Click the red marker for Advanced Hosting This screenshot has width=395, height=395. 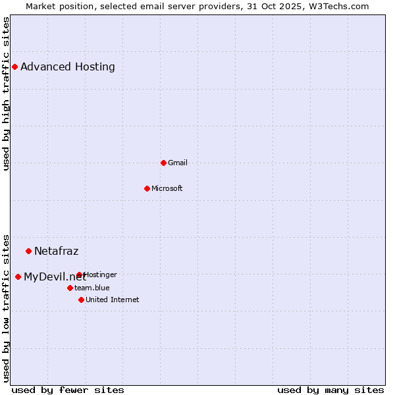point(14,66)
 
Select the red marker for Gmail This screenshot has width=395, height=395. point(163,163)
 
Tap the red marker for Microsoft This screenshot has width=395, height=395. point(147,188)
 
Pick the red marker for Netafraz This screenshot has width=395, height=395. point(28,251)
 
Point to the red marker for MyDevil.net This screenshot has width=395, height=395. point(18,276)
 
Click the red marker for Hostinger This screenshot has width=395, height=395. point(79,275)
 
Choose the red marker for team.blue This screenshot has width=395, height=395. point(70,288)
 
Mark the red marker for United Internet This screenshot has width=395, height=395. point(81,300)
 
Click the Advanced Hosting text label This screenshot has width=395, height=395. point(68,66)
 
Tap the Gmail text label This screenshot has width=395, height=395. point(178,163)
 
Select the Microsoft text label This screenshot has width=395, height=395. point(167,188)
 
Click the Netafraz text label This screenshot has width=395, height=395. point(57,251)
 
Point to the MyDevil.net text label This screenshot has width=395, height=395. point(55,276)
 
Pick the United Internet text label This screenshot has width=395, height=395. point(113,300)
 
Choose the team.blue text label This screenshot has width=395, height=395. point(92,288)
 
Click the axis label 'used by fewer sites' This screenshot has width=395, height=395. point(68,390)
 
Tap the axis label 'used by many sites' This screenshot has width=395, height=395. point(330,390)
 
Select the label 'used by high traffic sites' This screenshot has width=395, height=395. point(6,94)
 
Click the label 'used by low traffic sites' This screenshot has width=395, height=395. point(6,307)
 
